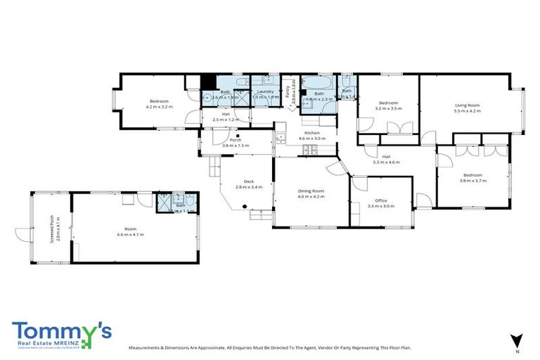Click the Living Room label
pyautogui.click(x=466, y=105)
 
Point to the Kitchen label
pyautogui.click(x=311, y=132)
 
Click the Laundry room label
pyautogui.click(x=265, y=91)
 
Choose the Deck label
pyautogui.click(x=248, y=181)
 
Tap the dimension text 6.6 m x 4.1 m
pyautogui.click(x=130, y=234)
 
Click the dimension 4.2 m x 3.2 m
pyautogui.click(x=159, y=107)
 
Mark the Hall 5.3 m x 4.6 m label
pyautogui.click(x=386, y=159)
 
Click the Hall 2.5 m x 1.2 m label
pyautogui.click(x=226, y=117)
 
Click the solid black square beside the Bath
pyautogui.click(x=208, y=82)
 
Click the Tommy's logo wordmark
pyautogui.click(x=62, y=330)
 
